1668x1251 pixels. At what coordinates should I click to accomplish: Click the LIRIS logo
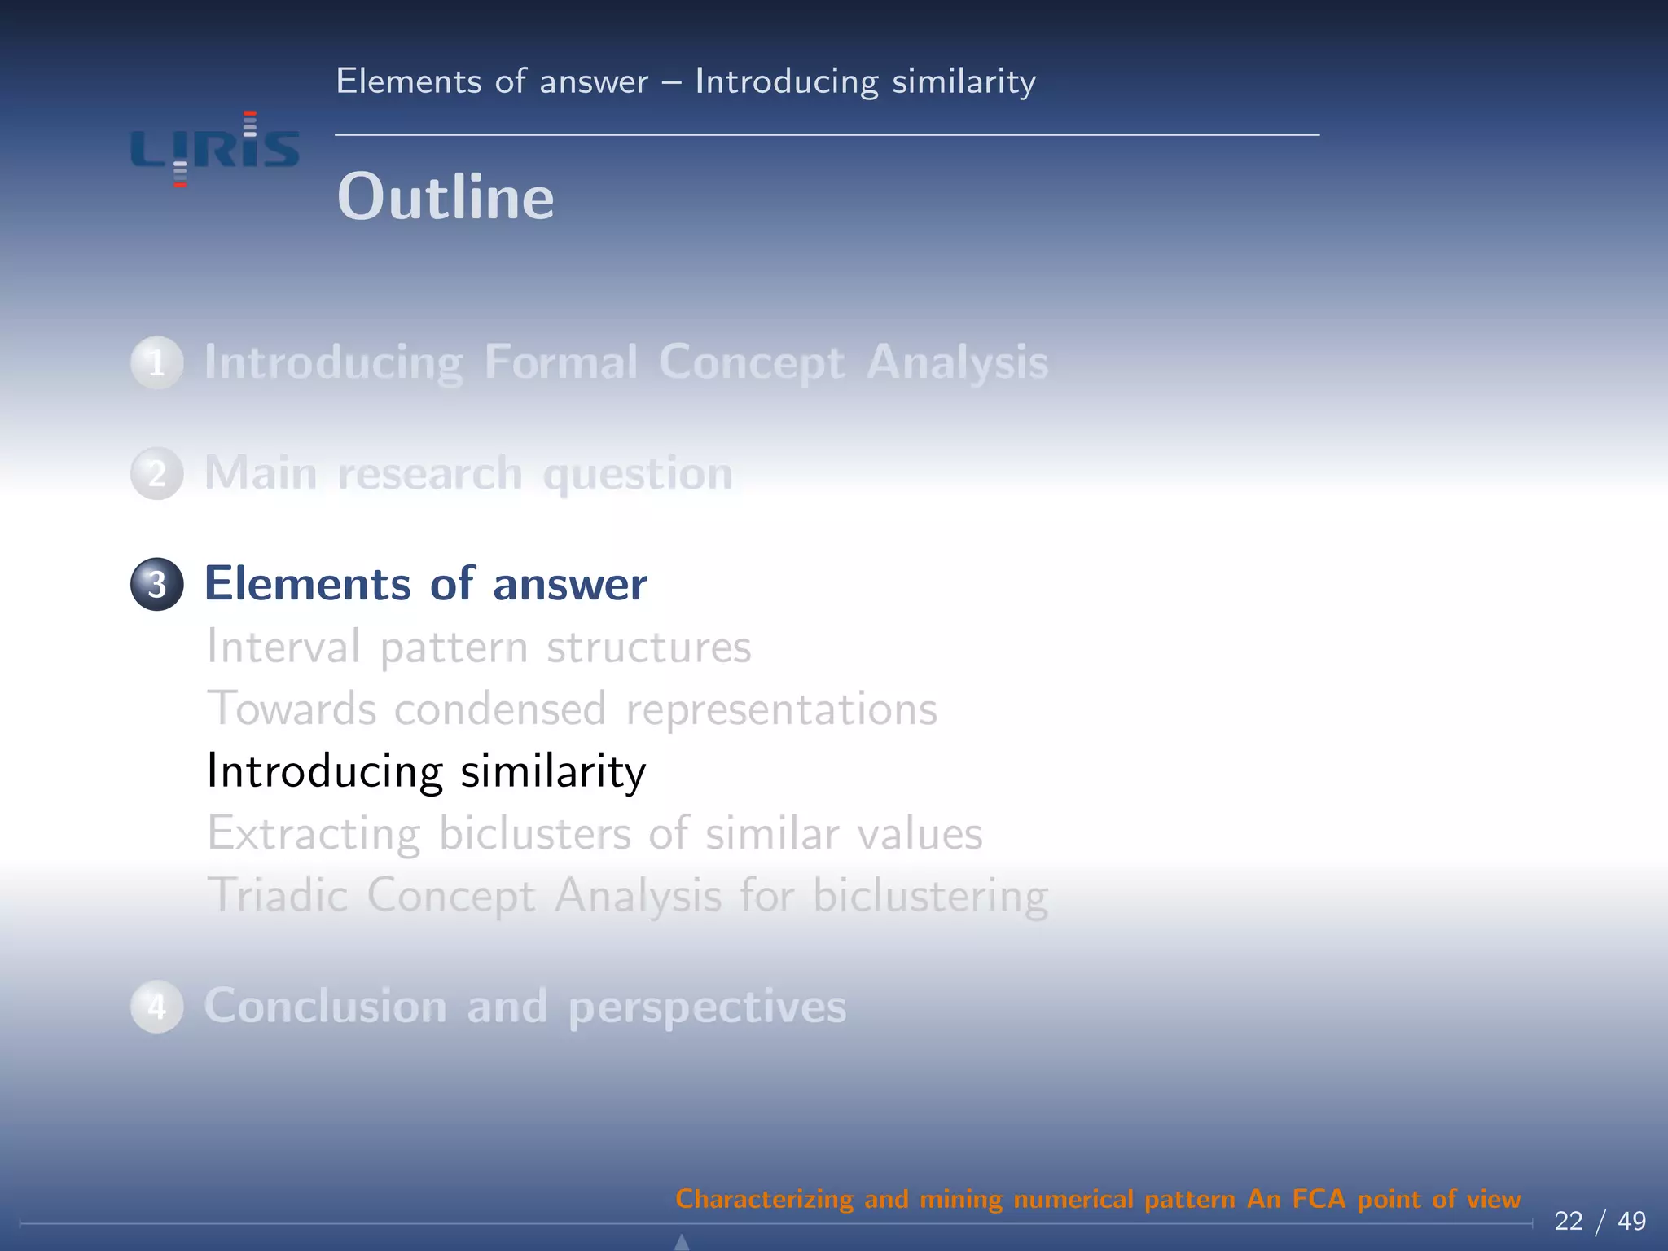[215, 150]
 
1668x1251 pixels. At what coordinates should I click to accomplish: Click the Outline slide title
[446, 197]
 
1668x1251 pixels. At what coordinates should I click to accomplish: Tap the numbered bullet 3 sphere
[157, 584]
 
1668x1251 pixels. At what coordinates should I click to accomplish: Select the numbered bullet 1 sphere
[157, 362]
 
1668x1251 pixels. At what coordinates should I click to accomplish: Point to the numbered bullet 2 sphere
[157, 473]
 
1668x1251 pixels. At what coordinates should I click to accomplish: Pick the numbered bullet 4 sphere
[157, 1006]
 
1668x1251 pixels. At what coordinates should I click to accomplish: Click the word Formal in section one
[561, 362]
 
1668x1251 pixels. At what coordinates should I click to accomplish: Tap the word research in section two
[429, 473]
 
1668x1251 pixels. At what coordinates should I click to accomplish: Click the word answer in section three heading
[569, 584]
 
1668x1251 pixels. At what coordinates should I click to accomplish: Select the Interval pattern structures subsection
[479, 647]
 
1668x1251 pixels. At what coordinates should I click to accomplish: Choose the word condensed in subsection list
[500, 709]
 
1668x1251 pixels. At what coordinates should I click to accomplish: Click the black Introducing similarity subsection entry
[426, 770]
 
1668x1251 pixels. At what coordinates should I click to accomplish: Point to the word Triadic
[278, 895]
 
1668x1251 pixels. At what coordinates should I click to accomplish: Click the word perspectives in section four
[707, 1007]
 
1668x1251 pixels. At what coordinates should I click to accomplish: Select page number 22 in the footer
[1568, 1221]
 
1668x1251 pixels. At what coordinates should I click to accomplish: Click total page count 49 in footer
[1631, 1221]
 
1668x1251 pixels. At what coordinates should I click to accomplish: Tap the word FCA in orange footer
[1319, 1199]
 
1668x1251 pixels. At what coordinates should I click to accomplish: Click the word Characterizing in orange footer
[764, 1199]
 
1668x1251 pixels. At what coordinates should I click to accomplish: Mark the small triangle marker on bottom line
[683, 1242]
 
